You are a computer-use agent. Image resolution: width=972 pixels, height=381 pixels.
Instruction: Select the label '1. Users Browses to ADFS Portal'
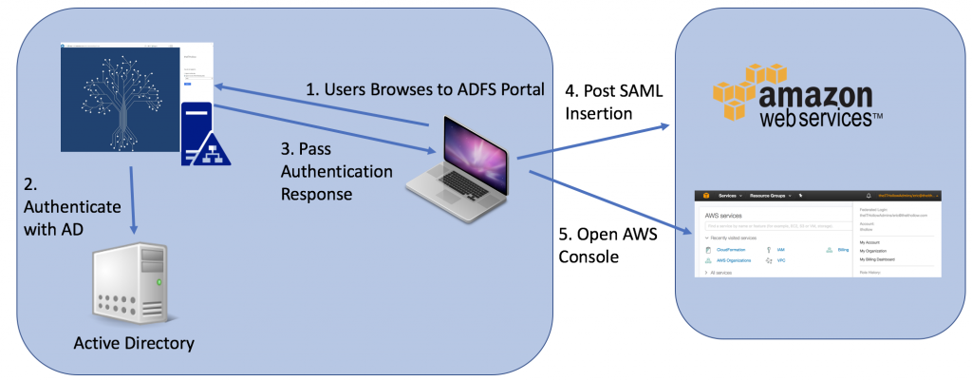(x=425, y=90)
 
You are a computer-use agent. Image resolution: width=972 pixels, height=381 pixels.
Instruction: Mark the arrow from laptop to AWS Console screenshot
(x=607, y=200)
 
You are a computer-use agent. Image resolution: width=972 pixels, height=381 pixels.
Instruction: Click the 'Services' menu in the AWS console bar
(x=728, y=196)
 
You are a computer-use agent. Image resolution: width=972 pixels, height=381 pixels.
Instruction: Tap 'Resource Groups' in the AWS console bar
(x=770, y=196)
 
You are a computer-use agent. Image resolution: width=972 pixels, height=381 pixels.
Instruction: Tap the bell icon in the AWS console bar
(x=869, y=196)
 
